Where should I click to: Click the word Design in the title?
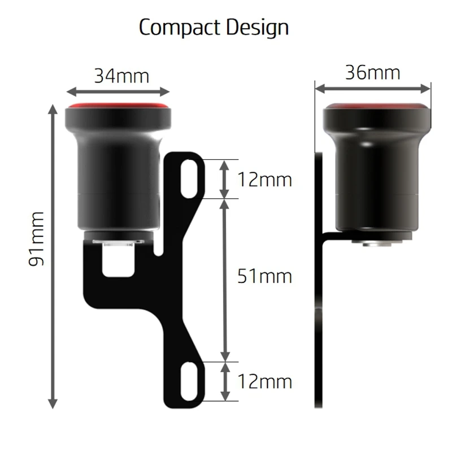tap(257, 28)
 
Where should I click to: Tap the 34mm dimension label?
tap(121, 75)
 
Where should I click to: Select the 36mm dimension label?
tap(372, 72)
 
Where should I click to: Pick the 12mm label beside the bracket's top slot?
tap(264, 180)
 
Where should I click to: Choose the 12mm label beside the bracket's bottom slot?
tap(264, 381)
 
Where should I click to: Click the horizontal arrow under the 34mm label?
tap(118, 91)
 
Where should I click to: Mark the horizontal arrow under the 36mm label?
tap(373, 88)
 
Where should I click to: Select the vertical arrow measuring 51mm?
tap(225, 280)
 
